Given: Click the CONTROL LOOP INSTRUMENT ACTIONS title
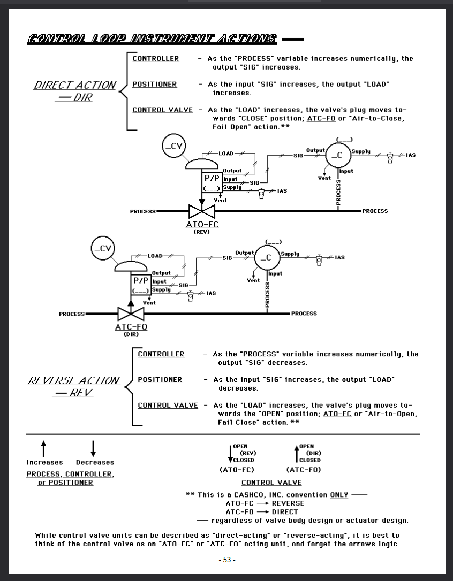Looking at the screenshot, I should [x=152, y=39].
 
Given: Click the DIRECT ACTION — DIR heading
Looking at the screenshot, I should [x=75, y=91].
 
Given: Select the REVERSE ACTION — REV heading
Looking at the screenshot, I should [x=74, y=386].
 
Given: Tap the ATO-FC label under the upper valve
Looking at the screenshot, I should [x=202, y=225].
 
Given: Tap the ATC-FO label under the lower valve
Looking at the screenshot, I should [x=131, y=327].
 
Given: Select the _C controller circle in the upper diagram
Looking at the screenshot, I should [x=337, y=155].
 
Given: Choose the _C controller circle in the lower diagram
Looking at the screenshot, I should [x=266, y=257].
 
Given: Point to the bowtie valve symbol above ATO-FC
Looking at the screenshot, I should [x=202, y=211].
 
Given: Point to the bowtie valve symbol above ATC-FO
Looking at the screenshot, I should [x=131, y=314].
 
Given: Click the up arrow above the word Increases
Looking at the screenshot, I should [x=44, y=448].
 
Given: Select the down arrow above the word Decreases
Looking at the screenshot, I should [x=93, y=448].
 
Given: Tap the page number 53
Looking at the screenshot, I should [x=227, y=560].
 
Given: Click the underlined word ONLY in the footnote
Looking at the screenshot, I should [x=339, y=495].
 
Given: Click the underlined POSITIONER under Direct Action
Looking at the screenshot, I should [x=155, y=84].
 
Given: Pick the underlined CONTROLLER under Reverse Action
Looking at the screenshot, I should [x=161, y=354].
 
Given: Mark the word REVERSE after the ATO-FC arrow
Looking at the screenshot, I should [x=288, y=503].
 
